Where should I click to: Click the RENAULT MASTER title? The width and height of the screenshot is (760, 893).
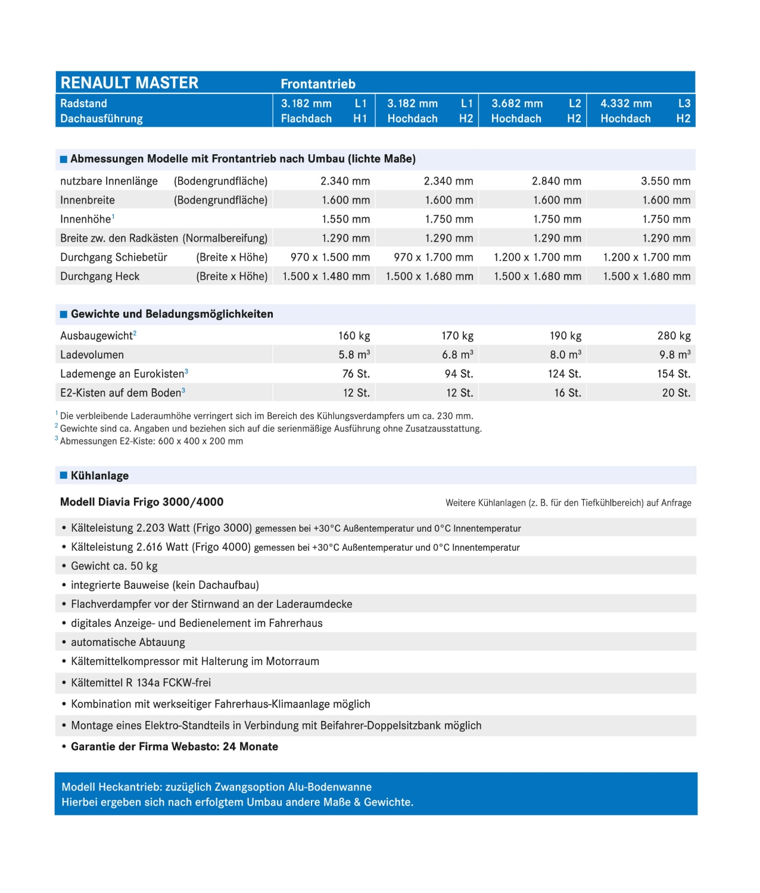[129, 83]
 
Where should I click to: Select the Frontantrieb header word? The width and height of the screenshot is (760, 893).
[318, 84]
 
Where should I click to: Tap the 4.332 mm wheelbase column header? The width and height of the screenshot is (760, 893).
[626, 104]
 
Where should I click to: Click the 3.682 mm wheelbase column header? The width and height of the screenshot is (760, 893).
[517, 104]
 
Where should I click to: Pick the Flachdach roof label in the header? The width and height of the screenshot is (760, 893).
[306, 118]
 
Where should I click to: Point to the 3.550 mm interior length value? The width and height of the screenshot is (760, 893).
[665, 181]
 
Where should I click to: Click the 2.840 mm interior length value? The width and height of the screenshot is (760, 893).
[556, 181]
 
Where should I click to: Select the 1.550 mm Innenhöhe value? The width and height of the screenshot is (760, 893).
[345, 219]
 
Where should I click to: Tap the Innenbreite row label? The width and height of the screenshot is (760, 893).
[88, 200]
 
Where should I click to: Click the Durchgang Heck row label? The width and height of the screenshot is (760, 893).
[99, 276]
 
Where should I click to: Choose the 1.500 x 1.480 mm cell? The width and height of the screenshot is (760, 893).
[326, 276]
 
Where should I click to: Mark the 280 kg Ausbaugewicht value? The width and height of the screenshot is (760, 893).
[674, 336]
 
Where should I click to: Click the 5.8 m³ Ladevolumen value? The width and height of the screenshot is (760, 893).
[354, 355]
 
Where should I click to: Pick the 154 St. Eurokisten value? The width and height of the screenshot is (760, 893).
[674, 374]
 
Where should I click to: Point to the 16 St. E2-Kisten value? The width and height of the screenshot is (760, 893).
[567, 393]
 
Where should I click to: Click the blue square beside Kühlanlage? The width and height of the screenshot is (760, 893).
[64, 475]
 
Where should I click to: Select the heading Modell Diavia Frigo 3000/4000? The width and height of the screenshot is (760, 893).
[142, 502]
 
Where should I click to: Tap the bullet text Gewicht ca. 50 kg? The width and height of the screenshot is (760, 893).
[114, 566]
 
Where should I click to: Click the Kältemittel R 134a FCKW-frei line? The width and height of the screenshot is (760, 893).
[141, 683]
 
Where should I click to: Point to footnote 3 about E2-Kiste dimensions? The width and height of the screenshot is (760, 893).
[151, 441]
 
